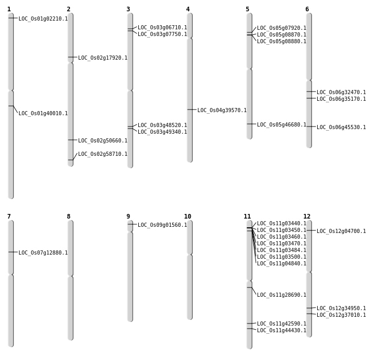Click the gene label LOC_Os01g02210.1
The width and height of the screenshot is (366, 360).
[x=43, y=19]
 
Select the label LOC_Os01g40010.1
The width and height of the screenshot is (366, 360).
[x=43, y=114]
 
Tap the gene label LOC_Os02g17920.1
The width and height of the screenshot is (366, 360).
[x=103, y=58]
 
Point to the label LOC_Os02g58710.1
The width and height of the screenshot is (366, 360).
[x=103, y=154]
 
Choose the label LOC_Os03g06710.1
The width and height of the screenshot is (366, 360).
[x=162, y=28]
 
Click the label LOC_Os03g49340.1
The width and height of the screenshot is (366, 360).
[x=162, y=132]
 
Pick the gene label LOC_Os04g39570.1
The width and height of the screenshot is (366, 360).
[x=222, y=111]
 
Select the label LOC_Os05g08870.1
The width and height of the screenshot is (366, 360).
[x=282, y=35]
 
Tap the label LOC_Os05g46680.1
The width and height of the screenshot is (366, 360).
[x=282, y=125]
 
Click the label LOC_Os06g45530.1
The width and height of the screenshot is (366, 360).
[x=341, y=128]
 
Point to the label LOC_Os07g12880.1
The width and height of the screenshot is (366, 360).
[x=43, y=253]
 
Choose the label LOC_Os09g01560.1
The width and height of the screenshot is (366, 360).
[x=162, y=225]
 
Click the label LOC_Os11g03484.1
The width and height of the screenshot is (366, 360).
[x=282, y=250]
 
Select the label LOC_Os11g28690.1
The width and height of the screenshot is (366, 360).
[x=282, y=295]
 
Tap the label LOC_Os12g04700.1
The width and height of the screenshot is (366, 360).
[x=341, y=231]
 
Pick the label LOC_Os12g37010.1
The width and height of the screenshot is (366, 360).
[x=341, y=315]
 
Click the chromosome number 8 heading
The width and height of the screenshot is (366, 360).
[x=68, y=217]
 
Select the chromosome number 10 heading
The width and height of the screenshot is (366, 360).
[x=188, y=217]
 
